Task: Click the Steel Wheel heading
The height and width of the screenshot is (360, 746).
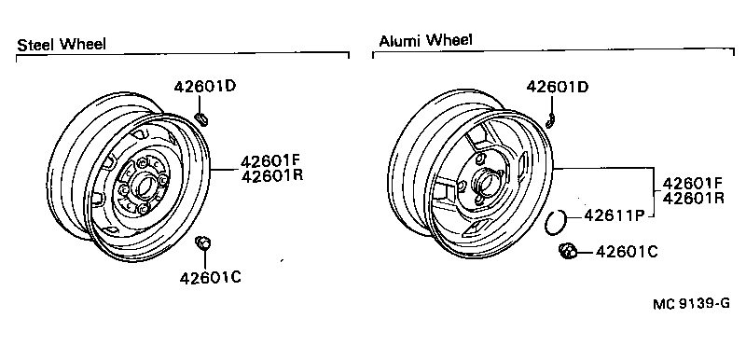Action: (x=61, y=44)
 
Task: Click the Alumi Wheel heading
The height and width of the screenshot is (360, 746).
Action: (x=425, y=40)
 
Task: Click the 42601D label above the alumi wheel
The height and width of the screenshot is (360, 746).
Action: (x=558, y=87)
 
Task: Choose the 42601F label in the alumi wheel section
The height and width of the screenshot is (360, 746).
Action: (x=695, y=182)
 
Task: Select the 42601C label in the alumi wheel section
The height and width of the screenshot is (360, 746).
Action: (x=626, y=250)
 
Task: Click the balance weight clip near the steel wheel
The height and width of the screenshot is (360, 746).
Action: (x=202, y=118)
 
